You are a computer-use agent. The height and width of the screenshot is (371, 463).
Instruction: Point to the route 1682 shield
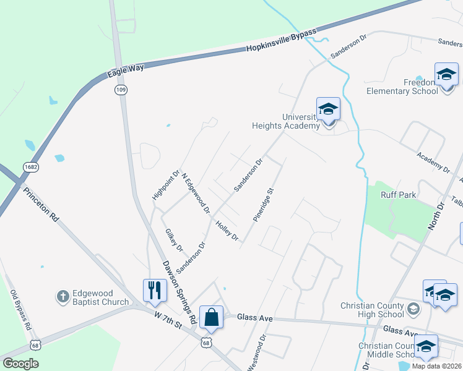coord(30,167)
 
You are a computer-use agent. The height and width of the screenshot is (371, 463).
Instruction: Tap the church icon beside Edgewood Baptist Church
coord(63,297)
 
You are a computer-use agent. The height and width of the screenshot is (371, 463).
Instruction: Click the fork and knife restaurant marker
coord(154,290)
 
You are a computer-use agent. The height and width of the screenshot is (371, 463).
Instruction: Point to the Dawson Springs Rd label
coord(180,291)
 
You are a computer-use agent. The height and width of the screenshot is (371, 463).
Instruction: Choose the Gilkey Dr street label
coord(174,240)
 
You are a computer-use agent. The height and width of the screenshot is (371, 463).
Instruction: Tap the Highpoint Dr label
coord(165,185)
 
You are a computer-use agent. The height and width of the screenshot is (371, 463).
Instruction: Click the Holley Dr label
coord(227,231)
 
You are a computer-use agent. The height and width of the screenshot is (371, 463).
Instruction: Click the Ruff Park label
coord(399,195)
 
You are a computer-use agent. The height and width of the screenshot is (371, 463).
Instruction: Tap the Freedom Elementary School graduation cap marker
coord(446,75)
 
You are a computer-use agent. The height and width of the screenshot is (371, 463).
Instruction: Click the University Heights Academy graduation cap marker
coord(328,109)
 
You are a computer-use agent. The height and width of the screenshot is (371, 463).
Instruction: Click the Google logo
coord(20,364)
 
